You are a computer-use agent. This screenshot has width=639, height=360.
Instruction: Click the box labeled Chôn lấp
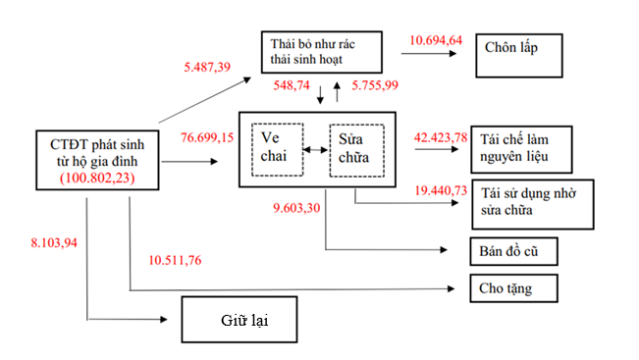pos(519,55)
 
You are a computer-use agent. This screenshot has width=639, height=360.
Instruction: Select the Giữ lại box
pos(240,319)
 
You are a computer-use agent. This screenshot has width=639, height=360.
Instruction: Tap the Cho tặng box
pos(513,288)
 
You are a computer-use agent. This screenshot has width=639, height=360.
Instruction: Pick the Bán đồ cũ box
pos(513,251)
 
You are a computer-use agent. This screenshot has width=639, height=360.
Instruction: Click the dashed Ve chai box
pos(278,150)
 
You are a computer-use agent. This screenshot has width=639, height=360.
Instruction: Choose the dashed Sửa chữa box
pos(356,151)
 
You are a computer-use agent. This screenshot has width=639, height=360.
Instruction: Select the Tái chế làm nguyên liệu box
pos(521,149)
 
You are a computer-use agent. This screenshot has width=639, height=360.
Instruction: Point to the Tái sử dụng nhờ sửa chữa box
pos(533,204)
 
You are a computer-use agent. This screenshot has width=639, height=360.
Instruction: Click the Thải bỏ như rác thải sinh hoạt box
pos(322,52)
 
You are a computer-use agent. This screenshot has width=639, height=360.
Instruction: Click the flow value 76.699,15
pos(207,137)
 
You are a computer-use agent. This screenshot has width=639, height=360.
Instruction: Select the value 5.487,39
pos(207,67)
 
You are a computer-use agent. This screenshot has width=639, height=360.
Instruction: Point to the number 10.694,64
pos(436,40)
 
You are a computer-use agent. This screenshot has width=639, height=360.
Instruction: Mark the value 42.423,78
pos(441,137)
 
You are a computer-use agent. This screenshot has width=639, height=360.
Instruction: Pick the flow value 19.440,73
pos(441,190)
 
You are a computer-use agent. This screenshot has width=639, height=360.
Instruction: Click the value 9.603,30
pos(296,208)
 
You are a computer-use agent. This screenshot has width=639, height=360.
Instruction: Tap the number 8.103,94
pos(54,242)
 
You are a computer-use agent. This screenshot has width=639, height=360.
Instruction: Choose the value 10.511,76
pos(175,260)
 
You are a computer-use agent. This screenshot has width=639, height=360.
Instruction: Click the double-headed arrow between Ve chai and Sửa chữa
pos(315,150)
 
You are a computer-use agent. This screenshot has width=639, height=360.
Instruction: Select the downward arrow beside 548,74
pos(320,94)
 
